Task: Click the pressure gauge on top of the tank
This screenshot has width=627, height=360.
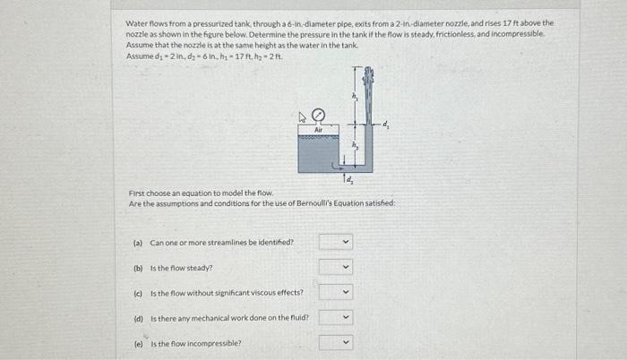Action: click(317, 115)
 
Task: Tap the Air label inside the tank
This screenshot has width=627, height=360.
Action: click(317, 129)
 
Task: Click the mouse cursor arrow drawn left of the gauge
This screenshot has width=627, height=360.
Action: click(302, 115)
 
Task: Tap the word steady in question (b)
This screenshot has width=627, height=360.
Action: click(202, 268)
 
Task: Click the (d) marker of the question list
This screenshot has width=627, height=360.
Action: click(138, 318)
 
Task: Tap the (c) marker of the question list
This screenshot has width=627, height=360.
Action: click(138, 293)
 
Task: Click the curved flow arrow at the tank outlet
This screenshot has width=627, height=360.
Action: click(337, 165)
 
